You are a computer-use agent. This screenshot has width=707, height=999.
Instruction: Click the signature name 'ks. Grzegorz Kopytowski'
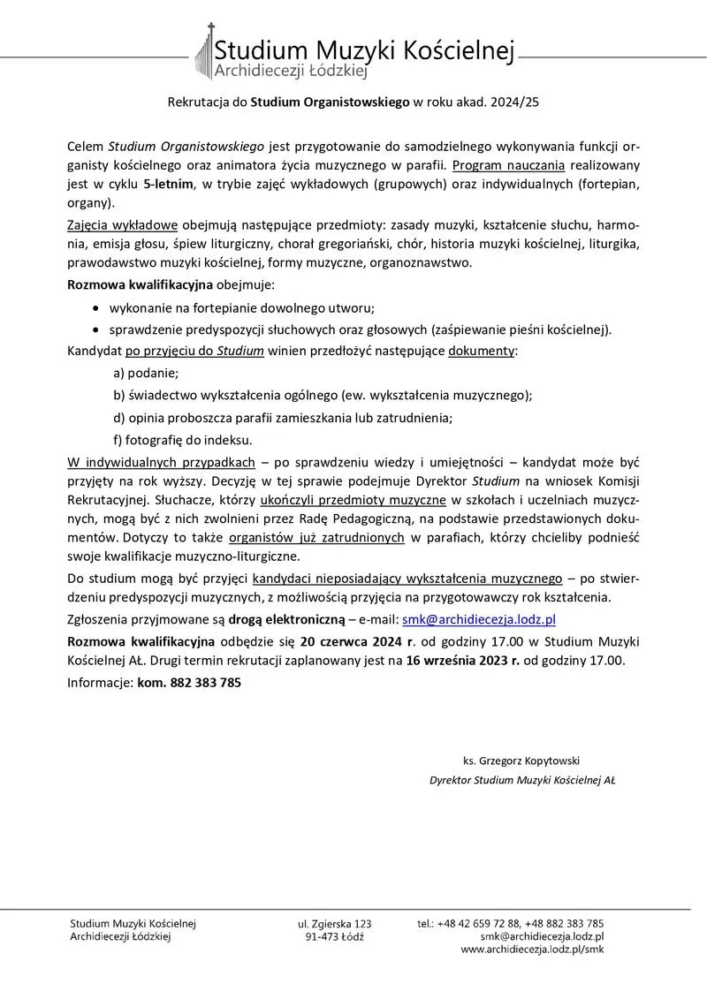click(x=521, y=760)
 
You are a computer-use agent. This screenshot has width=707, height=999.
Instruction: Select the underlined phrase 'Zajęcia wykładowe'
click(x=122, y=225)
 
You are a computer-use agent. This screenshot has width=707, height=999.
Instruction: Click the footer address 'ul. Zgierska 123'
click(x=334, y=923)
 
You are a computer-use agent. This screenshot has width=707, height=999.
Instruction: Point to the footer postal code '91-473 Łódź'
click(x=334, y=936)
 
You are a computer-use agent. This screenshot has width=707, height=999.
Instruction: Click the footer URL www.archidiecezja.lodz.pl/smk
click(x=532, y=950)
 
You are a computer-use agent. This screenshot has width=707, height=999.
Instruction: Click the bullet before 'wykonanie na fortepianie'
click(x=95, y=308)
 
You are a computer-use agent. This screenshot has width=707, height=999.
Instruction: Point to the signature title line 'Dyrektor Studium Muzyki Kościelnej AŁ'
click(x=522, y=780)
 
